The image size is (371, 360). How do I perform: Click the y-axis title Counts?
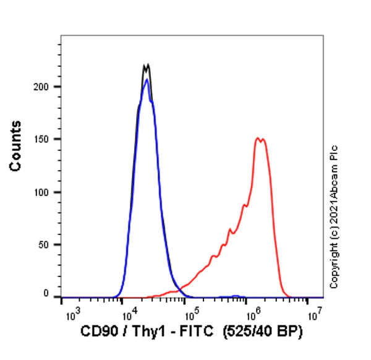(x=16, y=147)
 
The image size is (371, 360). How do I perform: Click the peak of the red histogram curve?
(x=258, y=138)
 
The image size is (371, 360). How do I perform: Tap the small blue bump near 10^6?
(x=234, y=296)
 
